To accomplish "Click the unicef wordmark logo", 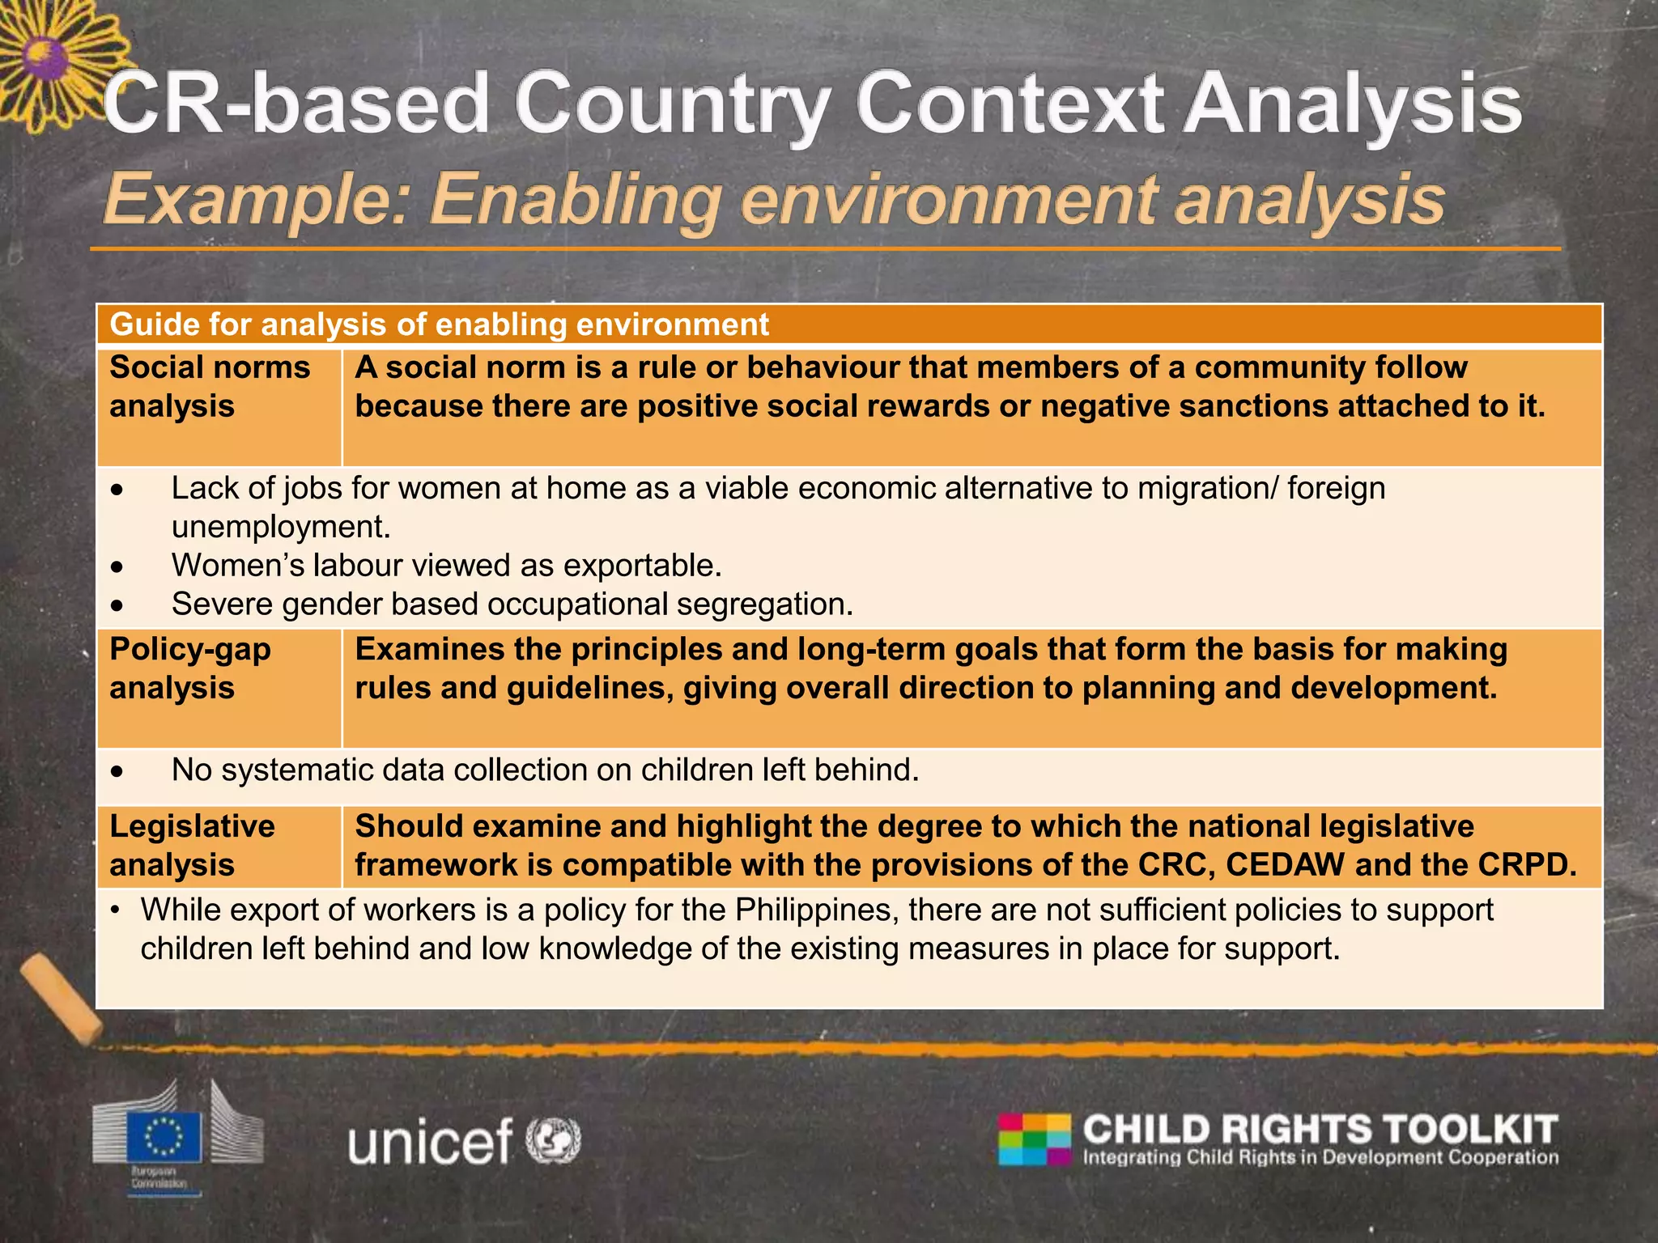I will click(x=430, y=1141).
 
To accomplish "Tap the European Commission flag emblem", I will click(x=164, y=1137).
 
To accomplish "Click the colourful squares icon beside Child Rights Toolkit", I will click(x=1035, y=1139).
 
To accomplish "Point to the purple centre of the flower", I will click(x=45, y=58).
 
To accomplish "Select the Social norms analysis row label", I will click(x=209, y=387).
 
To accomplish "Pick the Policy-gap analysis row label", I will click(x=189, y=668).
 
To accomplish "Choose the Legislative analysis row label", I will click(x=192, y=846).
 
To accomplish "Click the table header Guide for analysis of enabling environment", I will click(x=439, y=325).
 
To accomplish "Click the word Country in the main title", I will click(x=671, y=105).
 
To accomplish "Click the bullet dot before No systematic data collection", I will click(x=118, y=772).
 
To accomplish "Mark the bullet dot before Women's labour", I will click(x=118, y=567).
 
